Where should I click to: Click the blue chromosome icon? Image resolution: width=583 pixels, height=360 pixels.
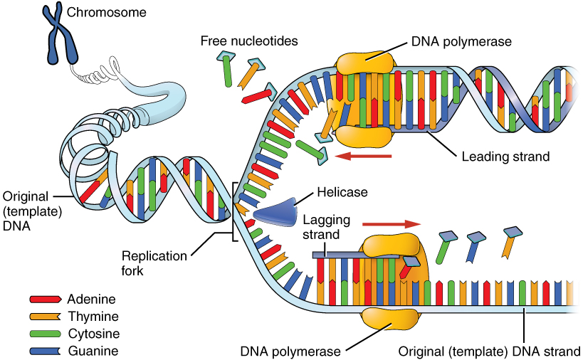click(60, 33)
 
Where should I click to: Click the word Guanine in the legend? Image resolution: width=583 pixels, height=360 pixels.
click(93, 351)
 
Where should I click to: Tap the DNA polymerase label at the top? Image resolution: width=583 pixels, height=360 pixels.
click(461, 41)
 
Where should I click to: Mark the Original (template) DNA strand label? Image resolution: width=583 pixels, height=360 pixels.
click(489, 350)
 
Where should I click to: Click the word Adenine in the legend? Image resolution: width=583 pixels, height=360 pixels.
click(92, 300)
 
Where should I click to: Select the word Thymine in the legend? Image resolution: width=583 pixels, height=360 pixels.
click(93, 317)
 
